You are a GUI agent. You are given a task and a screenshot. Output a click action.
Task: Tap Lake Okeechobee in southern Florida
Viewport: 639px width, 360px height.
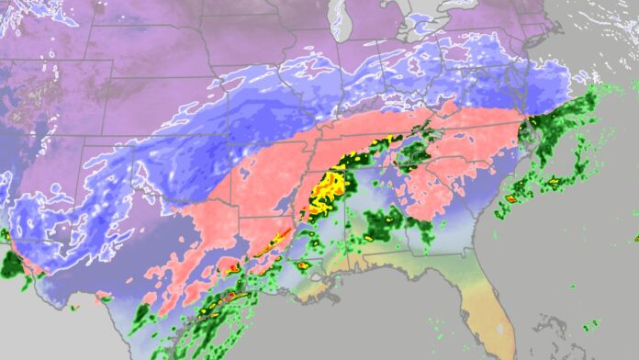tap(499, 327)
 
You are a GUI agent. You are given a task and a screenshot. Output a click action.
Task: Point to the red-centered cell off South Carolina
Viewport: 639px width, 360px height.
tap(511, 197)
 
